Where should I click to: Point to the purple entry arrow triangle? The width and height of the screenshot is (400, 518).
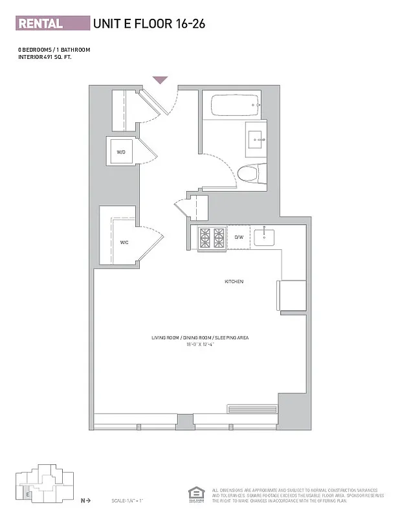coord(160,80)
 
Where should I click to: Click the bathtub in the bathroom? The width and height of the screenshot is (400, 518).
coord(234,105)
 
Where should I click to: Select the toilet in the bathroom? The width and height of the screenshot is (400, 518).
coord(249,174)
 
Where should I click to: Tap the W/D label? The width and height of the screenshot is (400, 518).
coord(121,152)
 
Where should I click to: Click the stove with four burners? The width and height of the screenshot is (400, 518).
coord(212,238)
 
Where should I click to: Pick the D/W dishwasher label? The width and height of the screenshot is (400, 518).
coord(238,238)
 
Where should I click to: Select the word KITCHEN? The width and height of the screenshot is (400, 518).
coord(234,282)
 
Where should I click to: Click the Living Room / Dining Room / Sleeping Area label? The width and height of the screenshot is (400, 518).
coord(200,338)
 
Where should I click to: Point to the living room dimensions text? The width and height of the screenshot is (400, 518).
coord(200,345)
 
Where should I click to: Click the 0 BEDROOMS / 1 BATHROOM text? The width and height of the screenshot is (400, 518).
coord(54,50)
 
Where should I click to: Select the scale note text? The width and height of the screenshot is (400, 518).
coord(127,501)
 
